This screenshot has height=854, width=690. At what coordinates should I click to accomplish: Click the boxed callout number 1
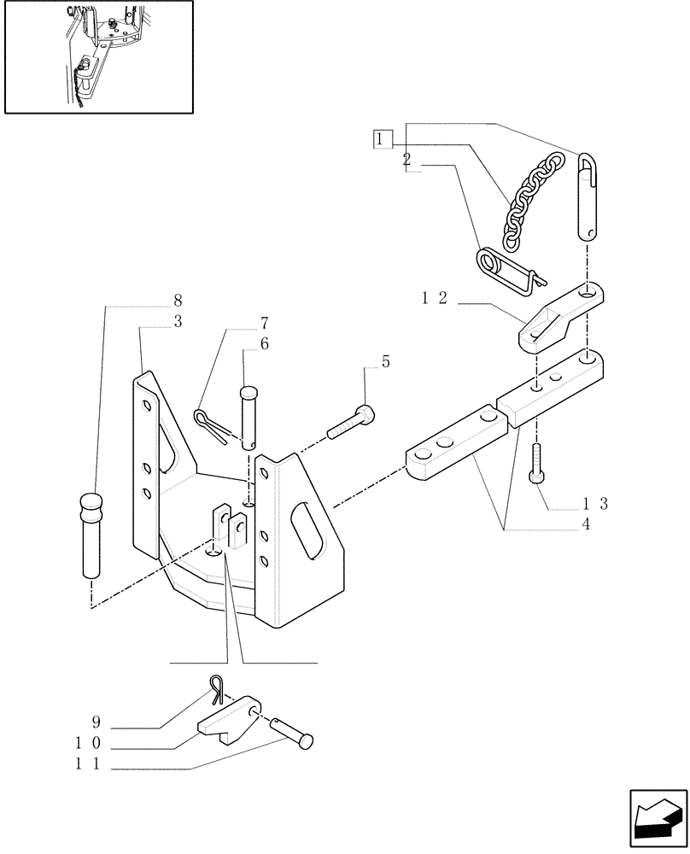[383, 139]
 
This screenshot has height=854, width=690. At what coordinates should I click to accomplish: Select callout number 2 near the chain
[407, 160]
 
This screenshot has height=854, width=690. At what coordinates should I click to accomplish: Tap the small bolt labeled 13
[536, 464]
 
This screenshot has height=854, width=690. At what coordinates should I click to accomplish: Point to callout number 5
[386, 362]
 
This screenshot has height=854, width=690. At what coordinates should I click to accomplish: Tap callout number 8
[177, 301]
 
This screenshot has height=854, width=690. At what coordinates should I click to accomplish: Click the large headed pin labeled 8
[91, 534]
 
